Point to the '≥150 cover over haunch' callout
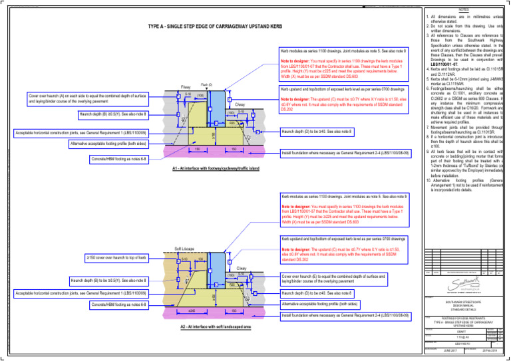pyautogui.click(x=116, y=257)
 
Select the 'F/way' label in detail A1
pyautogui.click(x=186, y=86)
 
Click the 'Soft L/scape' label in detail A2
pyautogui.click(x=184, y=248)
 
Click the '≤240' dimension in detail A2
pyautogui.click(x=192, y=310)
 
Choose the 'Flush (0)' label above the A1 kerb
pyautogui.click(x=206, y=84)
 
